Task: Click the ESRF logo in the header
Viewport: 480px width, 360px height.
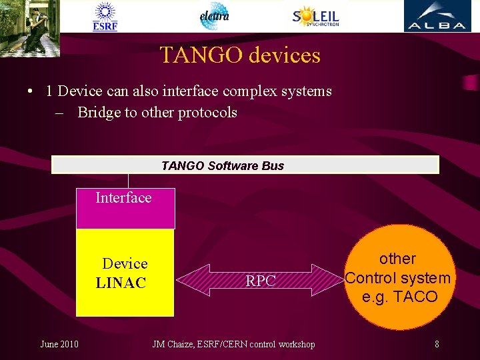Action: [105, 17]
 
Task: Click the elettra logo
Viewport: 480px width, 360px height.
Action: [214, 16]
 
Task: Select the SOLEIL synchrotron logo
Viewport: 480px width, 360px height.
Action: [315, 17]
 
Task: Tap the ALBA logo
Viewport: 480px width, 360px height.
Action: [437, 17]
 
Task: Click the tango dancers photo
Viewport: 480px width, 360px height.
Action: [30, 27]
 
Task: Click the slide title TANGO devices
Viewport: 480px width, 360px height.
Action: [240, 55]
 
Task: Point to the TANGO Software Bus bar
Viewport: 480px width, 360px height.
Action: [245, 165]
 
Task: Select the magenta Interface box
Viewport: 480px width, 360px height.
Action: [125, 208]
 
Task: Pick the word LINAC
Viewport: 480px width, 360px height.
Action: [121, 283]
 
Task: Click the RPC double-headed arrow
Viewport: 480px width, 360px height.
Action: [261, 281]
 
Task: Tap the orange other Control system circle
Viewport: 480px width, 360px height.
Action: [398, 277]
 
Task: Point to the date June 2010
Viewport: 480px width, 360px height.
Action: [59, 344]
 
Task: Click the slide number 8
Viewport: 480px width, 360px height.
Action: [437, 344]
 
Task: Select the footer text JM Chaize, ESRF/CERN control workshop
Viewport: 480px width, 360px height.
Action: [233, 344]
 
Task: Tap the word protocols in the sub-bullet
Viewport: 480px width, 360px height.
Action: [207, 112]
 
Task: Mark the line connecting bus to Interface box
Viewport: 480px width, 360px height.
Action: [129, 181]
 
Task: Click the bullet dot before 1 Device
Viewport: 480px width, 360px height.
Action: [31, 91]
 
